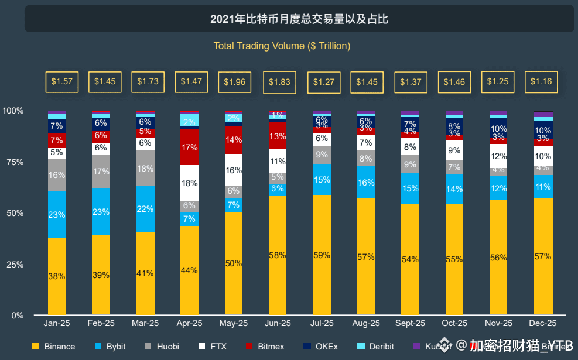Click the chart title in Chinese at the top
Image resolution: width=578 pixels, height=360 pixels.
299,19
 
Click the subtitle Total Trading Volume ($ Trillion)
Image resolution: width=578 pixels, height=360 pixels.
282,46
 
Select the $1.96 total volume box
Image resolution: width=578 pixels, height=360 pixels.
234,82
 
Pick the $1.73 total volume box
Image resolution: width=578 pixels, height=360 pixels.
148,82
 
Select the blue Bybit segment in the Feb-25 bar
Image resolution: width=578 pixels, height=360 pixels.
100,212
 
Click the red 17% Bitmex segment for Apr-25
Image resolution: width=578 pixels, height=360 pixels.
189,148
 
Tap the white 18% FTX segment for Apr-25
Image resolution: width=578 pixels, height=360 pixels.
189,183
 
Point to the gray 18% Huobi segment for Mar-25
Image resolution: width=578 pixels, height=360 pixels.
145,169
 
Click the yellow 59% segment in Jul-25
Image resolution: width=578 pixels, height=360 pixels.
322,255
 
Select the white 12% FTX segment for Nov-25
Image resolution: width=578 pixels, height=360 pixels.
498,156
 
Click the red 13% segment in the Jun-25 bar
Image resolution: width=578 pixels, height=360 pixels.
278,136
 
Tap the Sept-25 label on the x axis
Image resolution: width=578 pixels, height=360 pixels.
411,323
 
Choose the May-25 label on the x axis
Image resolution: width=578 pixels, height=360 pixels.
234,323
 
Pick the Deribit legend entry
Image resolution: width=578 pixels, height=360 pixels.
375,347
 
